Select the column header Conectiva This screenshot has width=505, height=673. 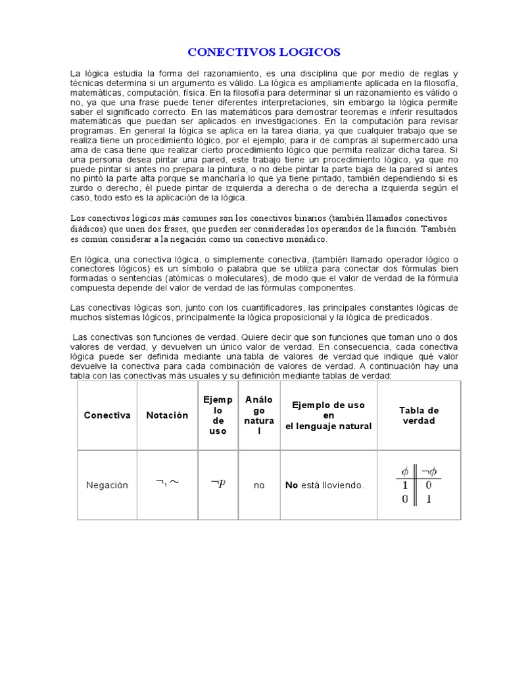(107, 415)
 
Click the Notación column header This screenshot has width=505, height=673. (167, 415)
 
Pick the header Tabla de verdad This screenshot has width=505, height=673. (419, 415)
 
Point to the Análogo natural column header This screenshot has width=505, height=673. (259, 415)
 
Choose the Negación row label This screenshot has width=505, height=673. (107, 485)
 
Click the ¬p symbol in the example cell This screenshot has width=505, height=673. (218, 483)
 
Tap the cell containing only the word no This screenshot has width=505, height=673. (259, 485)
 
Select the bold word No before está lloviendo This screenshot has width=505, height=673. (291, 485)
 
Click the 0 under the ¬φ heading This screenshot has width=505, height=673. (428, 485)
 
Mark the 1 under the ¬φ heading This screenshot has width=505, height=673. (428, 499)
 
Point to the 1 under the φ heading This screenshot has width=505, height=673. (405, 485)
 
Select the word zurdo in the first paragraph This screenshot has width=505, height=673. (83, 188)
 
